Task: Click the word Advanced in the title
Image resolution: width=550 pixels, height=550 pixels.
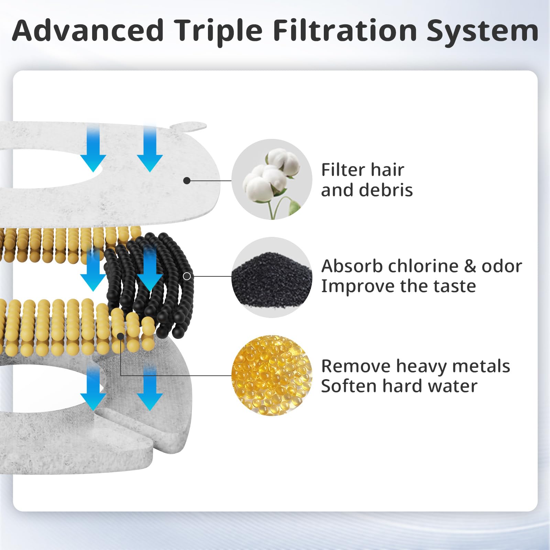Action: (x=88, y=31)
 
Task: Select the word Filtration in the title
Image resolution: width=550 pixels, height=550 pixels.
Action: (x=345, y=31)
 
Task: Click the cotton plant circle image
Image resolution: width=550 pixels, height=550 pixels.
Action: (x=272, y=179)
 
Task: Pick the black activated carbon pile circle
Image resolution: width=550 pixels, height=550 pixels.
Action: (x=272, y=277)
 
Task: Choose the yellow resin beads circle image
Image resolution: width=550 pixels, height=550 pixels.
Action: (x=272, y=375)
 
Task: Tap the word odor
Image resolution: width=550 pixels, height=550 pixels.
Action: (x=502, y=266)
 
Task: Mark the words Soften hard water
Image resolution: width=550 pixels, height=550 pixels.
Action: (x=399, y=386)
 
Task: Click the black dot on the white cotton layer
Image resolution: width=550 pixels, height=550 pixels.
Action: (x=187, y=180)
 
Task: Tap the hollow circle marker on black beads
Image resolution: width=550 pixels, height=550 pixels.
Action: (x=187, y=276)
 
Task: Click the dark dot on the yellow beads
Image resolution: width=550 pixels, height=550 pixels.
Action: (x=121, y=336)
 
